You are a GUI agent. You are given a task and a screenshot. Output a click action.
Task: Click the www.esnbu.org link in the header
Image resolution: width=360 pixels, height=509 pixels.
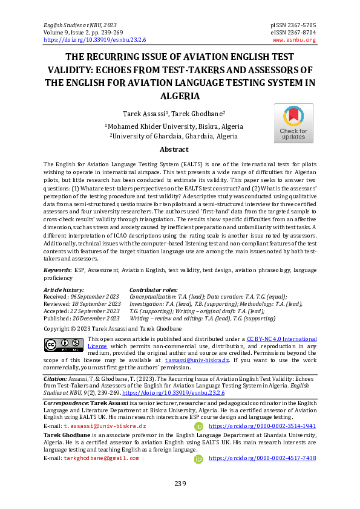294,40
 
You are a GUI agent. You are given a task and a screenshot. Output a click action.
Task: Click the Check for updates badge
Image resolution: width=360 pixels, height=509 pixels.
293,123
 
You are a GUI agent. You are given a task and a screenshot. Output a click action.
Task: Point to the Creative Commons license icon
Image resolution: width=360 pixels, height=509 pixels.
64,344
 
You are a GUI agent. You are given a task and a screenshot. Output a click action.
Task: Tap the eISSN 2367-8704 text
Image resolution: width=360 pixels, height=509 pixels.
294,33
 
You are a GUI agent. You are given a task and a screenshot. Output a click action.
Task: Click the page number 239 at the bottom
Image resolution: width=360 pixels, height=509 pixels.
180,483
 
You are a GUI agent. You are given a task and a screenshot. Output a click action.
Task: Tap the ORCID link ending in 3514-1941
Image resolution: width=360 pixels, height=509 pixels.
262,426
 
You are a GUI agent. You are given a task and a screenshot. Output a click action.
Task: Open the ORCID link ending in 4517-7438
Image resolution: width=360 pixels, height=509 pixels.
262,458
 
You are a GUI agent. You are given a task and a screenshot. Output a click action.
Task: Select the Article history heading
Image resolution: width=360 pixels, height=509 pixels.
64,290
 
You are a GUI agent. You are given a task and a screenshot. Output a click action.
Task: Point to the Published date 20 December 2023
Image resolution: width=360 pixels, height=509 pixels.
82,318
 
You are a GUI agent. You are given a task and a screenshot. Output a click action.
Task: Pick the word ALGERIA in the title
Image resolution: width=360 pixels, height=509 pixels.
180,96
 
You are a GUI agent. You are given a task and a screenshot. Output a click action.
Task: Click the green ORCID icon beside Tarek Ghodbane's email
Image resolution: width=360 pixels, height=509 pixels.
198,459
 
